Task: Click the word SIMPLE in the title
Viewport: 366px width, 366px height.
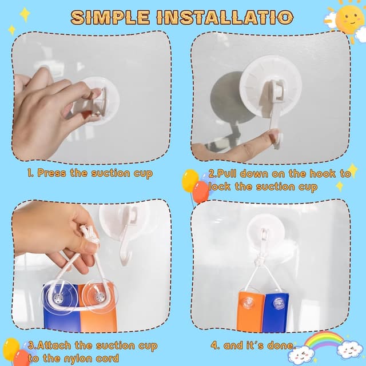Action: (x=110, y=17)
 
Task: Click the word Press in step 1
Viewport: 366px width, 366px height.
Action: (x=51, y=173)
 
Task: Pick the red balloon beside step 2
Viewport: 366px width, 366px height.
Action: (x=201, y=192)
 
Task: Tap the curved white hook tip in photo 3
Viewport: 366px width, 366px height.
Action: (x=126, y=259)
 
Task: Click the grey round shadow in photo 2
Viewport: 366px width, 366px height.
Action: (x=230, y=98)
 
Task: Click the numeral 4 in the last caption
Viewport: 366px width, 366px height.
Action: (x=214, y=345)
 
